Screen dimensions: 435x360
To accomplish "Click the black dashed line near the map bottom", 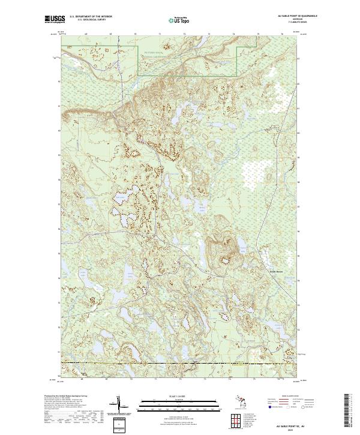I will coord(180,363).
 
